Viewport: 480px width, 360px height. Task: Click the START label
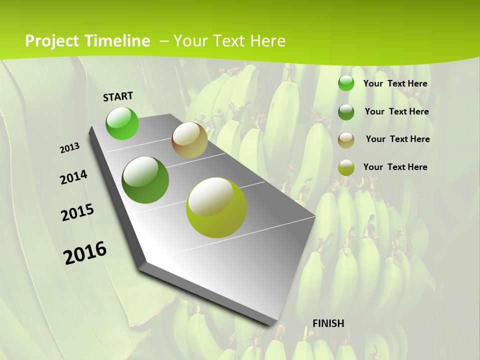[x=118, y=96]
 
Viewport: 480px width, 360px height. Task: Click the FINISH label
[x=328, y=323]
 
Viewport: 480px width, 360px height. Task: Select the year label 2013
[x=69, y=148]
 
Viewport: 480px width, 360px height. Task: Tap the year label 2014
[x=73, y=177]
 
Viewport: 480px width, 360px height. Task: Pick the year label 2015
[x=77, y=212]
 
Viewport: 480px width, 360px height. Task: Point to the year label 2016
[x=85, y=253]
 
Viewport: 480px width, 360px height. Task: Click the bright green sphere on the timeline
[x=122, y=123]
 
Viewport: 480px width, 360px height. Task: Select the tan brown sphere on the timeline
[x=189, y=140]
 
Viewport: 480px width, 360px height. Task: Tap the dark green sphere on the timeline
[x=145, y=180]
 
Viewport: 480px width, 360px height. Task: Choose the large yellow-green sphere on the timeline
[x=216, y=207]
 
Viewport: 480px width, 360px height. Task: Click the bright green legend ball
[x=346, y=83]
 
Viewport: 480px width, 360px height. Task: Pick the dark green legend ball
[x=346, y=112]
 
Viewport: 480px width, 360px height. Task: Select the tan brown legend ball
[x=346, y=139]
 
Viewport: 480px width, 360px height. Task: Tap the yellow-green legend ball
[x=346, y=167]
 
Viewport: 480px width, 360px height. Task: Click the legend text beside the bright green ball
[x=395, y=83]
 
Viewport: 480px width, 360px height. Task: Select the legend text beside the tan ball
[x=397, y=139]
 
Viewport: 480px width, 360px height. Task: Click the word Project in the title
[x=52, y=41]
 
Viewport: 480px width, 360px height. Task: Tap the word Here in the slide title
[x=267, y=41]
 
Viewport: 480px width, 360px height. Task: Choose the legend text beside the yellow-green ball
[x=395, y=167]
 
